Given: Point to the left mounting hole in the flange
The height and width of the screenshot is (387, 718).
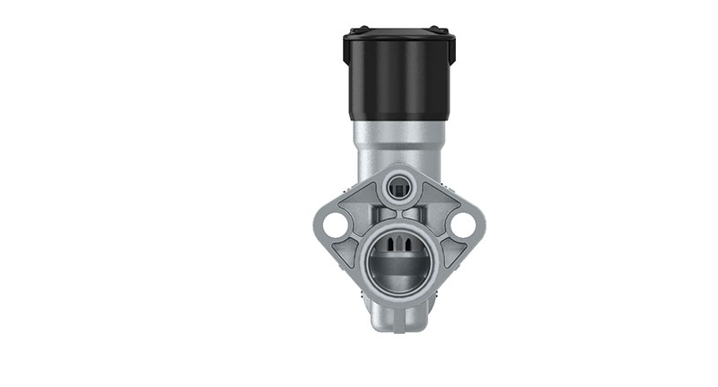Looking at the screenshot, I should pos(335,224).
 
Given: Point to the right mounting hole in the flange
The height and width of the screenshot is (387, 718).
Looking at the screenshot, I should pos(463,224).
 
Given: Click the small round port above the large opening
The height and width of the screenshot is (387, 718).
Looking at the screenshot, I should pos(398,188).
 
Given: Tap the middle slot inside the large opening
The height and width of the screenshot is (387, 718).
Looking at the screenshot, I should pos(398,243).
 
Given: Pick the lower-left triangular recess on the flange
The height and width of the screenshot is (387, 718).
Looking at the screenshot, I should pos(346,252).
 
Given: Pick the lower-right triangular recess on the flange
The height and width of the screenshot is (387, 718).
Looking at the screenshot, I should pos(451,252).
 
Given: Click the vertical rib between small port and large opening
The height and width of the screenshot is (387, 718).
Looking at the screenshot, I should pos(398,212).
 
